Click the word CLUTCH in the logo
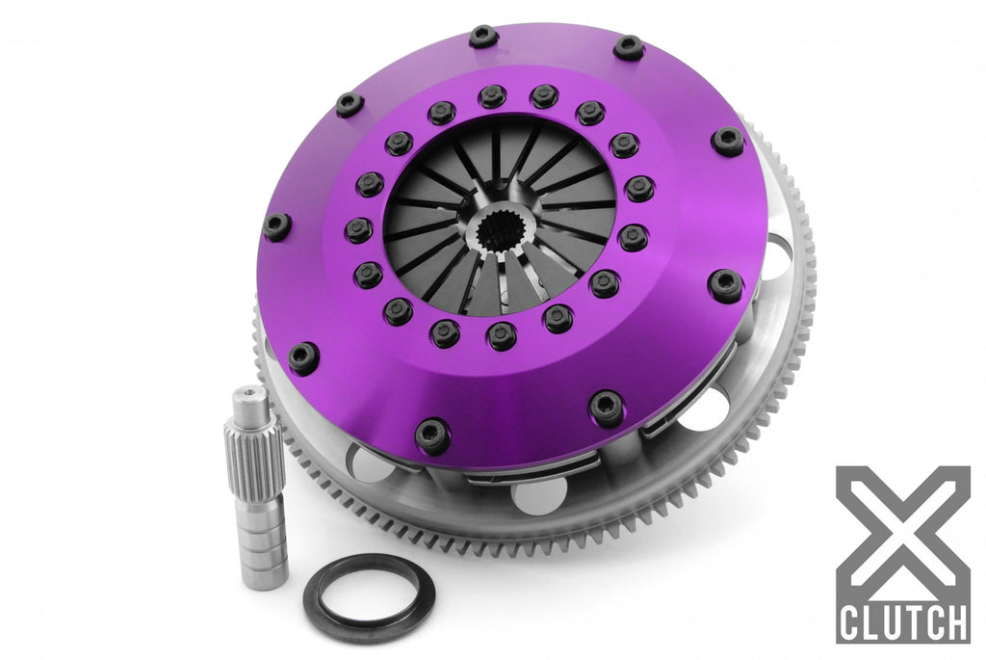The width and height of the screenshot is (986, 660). (902, 621)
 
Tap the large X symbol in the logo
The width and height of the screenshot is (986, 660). (902, 530)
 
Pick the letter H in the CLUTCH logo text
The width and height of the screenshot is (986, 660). (953, 621)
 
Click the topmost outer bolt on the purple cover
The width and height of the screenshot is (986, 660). (482, 38)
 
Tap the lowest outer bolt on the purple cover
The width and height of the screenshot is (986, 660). (432, 436)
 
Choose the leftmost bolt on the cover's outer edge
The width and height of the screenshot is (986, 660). (276, 226)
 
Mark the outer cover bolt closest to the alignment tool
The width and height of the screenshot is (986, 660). (303, 357)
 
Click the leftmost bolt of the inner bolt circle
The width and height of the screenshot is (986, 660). (358, 230)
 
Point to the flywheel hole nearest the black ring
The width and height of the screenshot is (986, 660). (539, 496)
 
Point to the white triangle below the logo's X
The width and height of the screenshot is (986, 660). (902, 578)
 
